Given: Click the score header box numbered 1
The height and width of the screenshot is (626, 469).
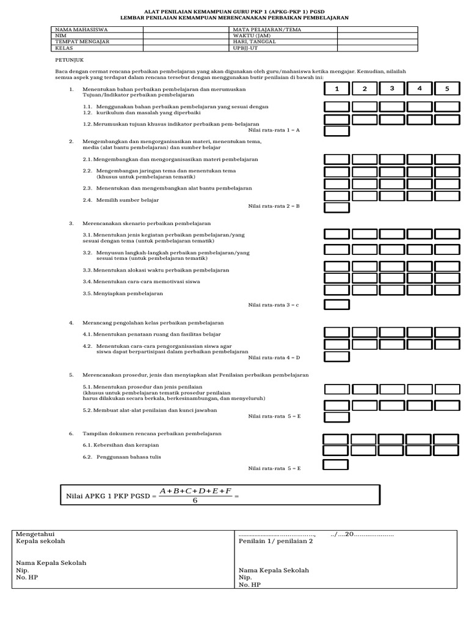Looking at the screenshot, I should [336, 89].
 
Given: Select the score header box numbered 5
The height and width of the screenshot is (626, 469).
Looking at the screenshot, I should [446, 89].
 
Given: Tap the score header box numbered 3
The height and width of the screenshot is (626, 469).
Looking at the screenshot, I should [391, 89].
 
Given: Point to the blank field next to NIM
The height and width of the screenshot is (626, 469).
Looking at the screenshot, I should [186, 35].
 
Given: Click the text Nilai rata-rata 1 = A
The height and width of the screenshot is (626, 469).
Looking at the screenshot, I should [274, 130].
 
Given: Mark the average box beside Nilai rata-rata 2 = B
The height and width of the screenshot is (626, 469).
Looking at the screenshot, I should [336, 207].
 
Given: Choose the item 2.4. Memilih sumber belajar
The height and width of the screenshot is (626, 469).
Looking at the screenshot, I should [121, 200].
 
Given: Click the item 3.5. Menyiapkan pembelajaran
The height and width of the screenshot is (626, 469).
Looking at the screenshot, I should [123, 293].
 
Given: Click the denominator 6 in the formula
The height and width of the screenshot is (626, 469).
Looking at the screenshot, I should [195, 500].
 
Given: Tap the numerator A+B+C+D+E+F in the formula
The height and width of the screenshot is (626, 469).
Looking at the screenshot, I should [195, 490].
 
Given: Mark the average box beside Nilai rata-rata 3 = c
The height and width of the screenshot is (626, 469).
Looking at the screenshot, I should [336, 304].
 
